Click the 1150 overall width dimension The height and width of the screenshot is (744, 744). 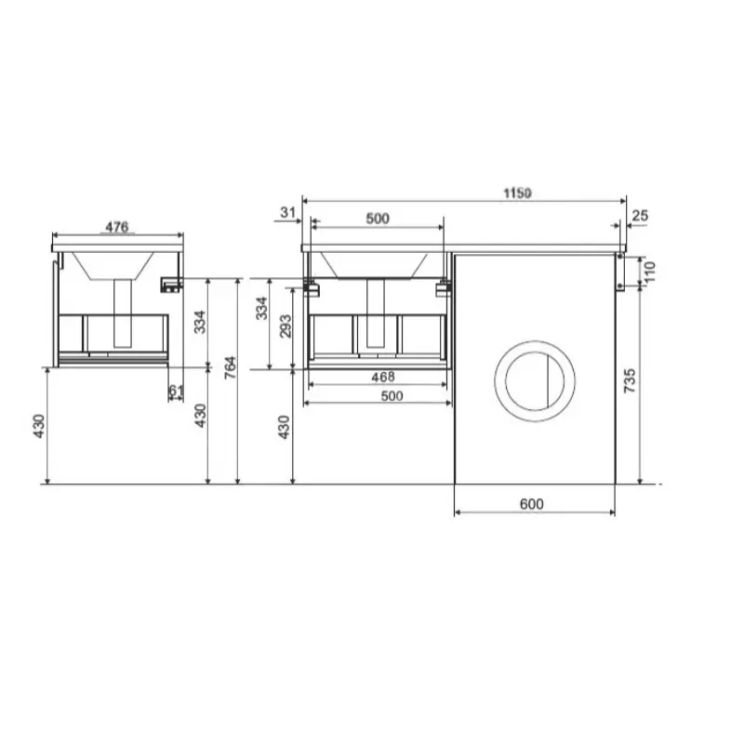click(517, 193)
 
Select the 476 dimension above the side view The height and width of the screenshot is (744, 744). click(117, 227)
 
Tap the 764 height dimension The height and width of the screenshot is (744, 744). click(230, 367)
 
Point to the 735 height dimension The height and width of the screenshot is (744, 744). click(630, 380)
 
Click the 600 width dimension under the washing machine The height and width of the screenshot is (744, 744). click(531, 504)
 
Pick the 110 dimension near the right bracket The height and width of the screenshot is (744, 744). click(649, 272)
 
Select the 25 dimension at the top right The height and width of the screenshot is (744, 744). click(640, 216)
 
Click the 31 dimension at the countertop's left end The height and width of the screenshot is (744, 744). click(287, 212)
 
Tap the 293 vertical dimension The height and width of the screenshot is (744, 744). click(286, 326)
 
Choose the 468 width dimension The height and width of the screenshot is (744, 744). click(383, 377)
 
